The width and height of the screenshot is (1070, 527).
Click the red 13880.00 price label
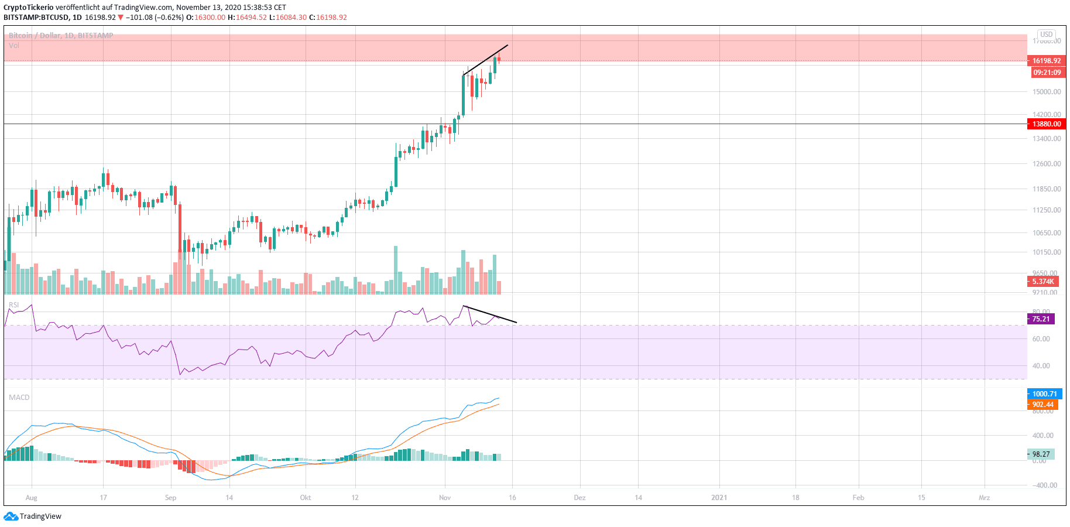coord(1046,124)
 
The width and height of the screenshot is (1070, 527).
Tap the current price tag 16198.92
coord(1046,61)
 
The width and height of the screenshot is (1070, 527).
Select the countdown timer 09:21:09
coord(1047,73)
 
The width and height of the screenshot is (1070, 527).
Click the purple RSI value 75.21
coord(1041,319)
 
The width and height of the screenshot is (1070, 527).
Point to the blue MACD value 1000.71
coord(1044,394)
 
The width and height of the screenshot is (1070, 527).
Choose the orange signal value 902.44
coord(1042,405)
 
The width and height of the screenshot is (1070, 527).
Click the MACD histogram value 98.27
coord(1041,454)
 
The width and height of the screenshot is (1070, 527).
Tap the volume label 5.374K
coord(1042,282)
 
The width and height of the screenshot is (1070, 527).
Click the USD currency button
coord(1046,35)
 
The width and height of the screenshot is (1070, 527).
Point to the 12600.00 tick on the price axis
coord(1047,164)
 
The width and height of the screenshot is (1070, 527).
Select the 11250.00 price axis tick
coord(1047,210)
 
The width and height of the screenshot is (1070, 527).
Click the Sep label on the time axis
coord(170,498)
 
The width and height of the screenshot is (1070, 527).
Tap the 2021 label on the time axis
coord(719,498)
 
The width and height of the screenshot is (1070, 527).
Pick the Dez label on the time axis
coord(579,498)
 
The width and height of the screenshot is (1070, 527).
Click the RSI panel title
coord(14,305)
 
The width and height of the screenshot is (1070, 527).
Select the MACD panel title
coord(19,398)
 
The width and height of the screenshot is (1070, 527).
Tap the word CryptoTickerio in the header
coord(29,8)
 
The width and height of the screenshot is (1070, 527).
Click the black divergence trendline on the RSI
coord(490,314)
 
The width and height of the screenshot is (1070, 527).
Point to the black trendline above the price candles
coord(485,60)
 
